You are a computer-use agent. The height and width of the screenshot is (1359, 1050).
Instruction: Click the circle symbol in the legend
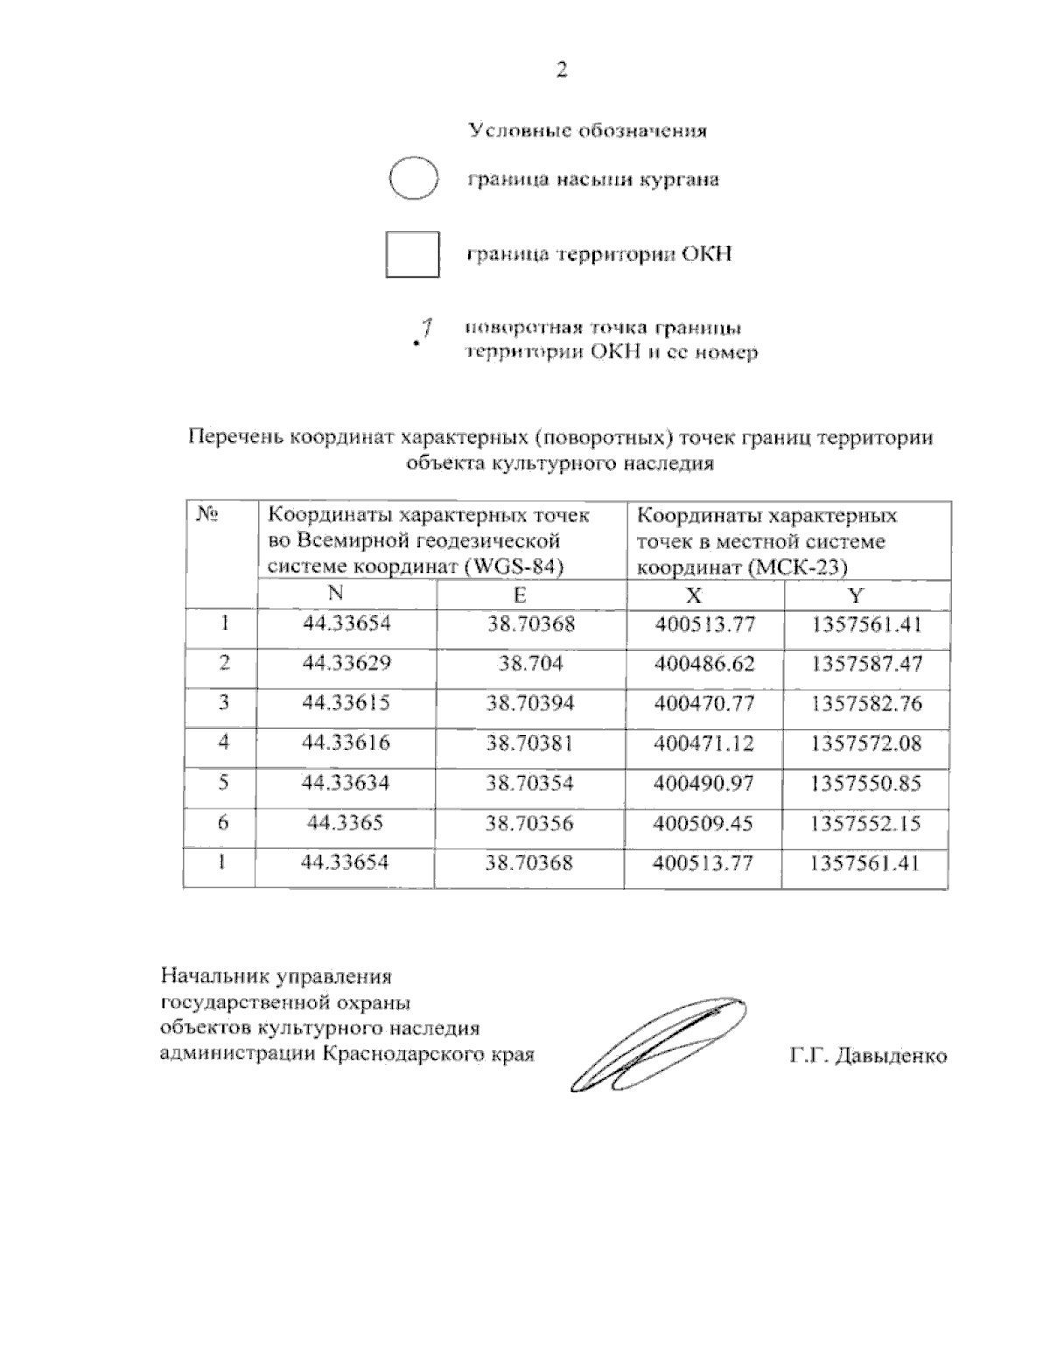click(413, 179)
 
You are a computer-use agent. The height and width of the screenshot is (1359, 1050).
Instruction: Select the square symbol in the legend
click(412, 254)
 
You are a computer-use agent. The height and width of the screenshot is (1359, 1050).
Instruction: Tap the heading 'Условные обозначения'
click(588, 131)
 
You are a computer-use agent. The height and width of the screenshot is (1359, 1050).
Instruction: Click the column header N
click(335, 594)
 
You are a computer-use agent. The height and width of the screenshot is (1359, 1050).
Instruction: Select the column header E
click(520, 595)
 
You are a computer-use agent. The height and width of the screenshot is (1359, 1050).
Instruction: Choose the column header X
click(693, 596)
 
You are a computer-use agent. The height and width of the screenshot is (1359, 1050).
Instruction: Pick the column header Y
click(856, 596)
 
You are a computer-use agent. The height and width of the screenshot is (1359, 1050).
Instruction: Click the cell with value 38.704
click(530, 663)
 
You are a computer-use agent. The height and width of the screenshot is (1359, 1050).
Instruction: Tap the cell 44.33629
click(346, 663)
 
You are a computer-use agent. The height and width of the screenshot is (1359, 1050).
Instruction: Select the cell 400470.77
click(704, 704)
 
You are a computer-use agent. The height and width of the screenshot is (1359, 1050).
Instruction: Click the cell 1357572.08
click(866, 744)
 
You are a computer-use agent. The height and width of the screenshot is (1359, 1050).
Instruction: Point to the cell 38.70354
click(530, 783)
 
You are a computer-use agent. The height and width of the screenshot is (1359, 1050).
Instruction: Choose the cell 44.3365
click(345, 823)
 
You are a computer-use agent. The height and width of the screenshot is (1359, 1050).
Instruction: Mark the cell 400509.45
click(703, 823)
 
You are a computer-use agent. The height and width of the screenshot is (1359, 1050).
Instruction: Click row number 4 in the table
click(224, 743)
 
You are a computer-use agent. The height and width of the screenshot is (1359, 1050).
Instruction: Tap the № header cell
click(207, 515)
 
